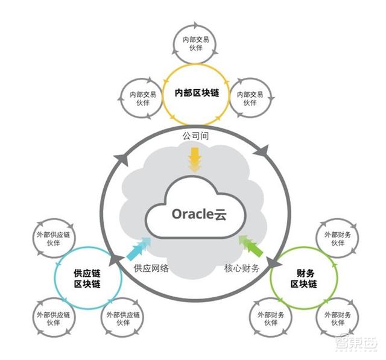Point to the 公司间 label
[x=195, y=137]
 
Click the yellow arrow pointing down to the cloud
[x=195, y=160]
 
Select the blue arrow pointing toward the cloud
[x=138, y=248]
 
